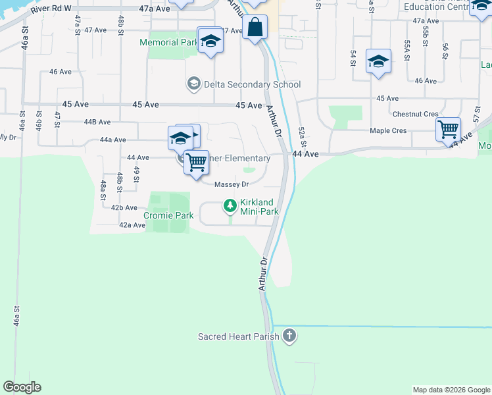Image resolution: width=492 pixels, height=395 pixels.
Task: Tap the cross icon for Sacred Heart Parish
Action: (x=289, y=337)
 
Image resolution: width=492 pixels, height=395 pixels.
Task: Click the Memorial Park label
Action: (x=169, y=43)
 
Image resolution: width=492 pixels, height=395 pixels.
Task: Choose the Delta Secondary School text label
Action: (x=253, y=84)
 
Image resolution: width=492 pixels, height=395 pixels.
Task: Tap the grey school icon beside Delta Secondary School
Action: (x=194, y=84)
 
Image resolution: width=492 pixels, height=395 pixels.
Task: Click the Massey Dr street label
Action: (x=231, y=185)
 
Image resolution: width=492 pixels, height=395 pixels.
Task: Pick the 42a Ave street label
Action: (x=132, y=225)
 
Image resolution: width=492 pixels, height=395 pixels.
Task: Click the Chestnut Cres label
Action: (x=415, y=114)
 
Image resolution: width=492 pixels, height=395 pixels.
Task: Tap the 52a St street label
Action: (x=302, y=138)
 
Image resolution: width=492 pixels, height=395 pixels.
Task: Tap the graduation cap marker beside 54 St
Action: (x=378, y=63)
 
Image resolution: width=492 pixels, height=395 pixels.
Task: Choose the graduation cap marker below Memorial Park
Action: (x=210, y=41)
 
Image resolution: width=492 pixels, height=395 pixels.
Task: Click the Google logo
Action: (x=22, y=387)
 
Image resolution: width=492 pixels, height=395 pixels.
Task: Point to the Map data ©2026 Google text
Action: (x=451, y=390)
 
